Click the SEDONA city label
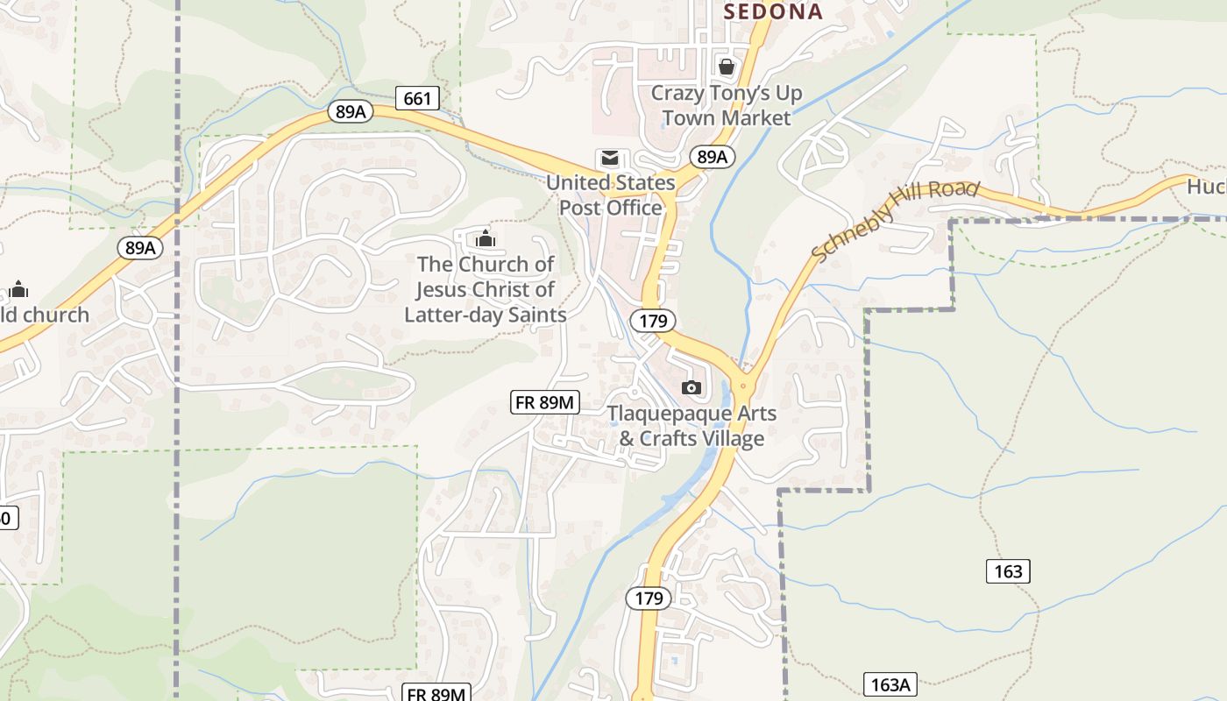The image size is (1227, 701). [773, 11]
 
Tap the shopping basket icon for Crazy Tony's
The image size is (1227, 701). [727, 67]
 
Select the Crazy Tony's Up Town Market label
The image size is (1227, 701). [727, 104]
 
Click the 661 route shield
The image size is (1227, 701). [417, 98]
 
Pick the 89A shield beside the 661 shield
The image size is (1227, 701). [351, 111]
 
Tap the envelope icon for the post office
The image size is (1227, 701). [609, 159]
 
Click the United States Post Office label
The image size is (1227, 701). [611, 195]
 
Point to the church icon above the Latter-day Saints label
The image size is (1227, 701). [485, 237]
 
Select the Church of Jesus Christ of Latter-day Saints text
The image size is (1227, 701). [486, 289]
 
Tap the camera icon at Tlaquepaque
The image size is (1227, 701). [692, 387]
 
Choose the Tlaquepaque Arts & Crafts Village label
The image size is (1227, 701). [692, 426]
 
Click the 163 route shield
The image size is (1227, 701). [1008, 571]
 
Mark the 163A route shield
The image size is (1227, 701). [890, 684]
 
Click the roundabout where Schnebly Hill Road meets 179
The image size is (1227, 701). [743, 385]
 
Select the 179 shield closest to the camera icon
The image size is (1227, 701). [653, 321]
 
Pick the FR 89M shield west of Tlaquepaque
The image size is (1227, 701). [545, 402]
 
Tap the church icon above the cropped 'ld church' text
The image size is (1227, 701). [18, 289]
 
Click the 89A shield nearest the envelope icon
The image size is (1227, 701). [712, 157]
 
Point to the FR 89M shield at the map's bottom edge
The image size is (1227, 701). [437, 694]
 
